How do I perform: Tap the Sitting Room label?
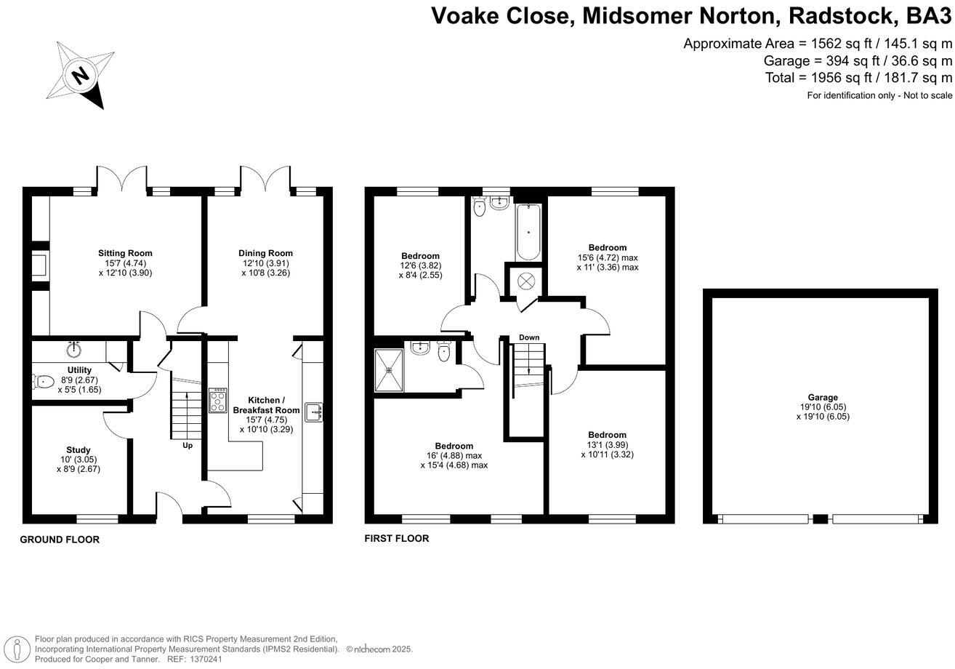[125, 253]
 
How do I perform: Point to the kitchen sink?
[314, 412]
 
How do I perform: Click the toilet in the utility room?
[44, 381]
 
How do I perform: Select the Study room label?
[78, 450]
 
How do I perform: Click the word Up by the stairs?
[187, 445]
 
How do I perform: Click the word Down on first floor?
[529, 337]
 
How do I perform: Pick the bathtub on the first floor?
[528, 233]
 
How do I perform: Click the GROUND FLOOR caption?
[60, 540]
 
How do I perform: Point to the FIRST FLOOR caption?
[397, 539]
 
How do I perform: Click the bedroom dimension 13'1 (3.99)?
[608, 445]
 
